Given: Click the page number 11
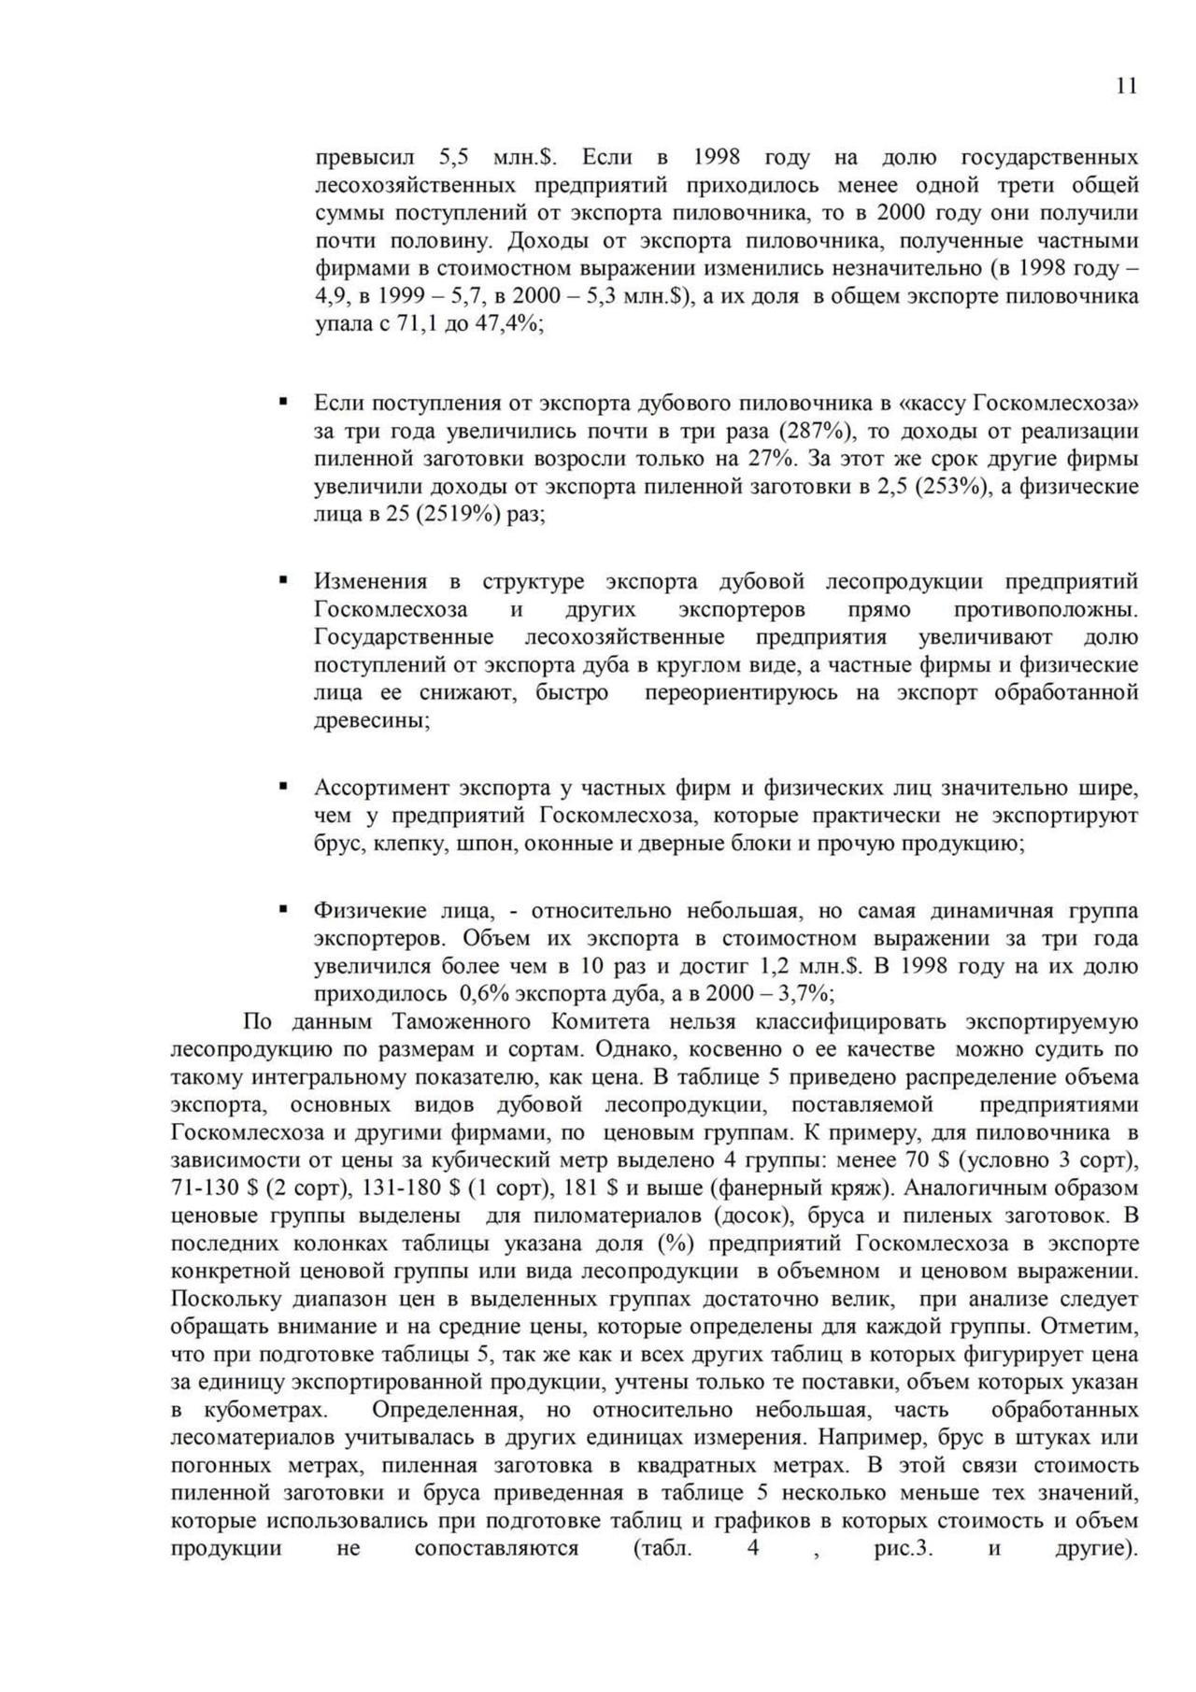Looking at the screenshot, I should coord(1126,87).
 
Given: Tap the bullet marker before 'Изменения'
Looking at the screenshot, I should coord(283,581).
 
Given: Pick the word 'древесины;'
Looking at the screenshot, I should coord(372,721).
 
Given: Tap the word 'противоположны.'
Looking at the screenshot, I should coord(1046,610).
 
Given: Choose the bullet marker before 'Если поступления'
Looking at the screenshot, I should coord(283,404).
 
